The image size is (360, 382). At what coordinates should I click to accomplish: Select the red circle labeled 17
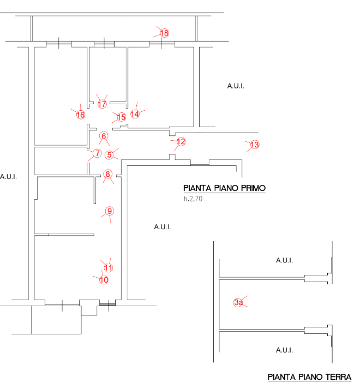pyautogui.click(x=102, y=104)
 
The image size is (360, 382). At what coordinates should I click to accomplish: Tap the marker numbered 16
pyautogui.click(x=81, y=115)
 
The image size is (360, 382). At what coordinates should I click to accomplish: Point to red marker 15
pyautogui.click(x=122, y=117)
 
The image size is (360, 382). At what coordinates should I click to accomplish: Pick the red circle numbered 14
pyautogui.click(x=136, y=114)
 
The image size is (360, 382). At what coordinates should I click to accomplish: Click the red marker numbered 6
pyautogui.click(x=104, y=136)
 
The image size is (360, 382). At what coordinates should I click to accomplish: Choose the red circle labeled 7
pyautogui.click(x=97, y=153)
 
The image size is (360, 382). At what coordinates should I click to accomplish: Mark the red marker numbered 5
pyautogui.click(x=110, y=154)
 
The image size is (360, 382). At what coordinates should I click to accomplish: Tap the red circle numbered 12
pyautogui.click(x=181, y=142)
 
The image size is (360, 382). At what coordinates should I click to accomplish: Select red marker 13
pyautogui.click(x=254, y=145)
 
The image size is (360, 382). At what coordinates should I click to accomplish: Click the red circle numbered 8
pyautogui.click(x=108, y=175)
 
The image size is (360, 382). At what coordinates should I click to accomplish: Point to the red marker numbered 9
pyautogui.click(x=109, y=211)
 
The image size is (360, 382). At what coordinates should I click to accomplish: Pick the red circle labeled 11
pyautogui.click(x=108, y=267)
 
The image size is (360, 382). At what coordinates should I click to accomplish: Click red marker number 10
pyautogui.click(x=104, y=280)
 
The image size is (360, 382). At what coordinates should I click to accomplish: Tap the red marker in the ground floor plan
pyautogui.click(x=238, y=302)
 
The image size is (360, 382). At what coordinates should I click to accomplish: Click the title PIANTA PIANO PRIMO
pyautogui.click(x=224, y=188)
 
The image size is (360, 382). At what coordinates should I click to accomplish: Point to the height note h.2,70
pyautogui.click(x=193, y=199)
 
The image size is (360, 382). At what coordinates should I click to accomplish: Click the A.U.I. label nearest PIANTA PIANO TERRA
pyautogui.click(x=284, y=350)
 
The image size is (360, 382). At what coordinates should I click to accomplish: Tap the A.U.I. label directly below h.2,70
pyautogui.click(x=162, y=226)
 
